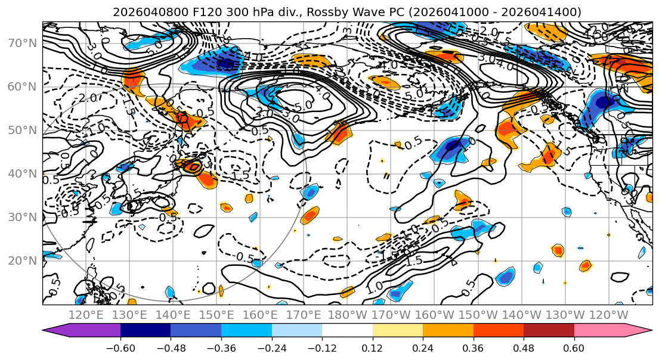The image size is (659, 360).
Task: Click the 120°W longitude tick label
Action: click(610, 315)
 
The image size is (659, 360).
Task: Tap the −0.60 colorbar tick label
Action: click(120, 347)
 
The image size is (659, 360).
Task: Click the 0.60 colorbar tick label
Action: click(574, 347)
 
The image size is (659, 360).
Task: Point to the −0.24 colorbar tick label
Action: click(271, 347)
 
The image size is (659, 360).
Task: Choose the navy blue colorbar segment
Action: click(146, 331)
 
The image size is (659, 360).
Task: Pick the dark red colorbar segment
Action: click(549, 331)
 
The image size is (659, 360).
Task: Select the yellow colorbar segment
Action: click(397, 331)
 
